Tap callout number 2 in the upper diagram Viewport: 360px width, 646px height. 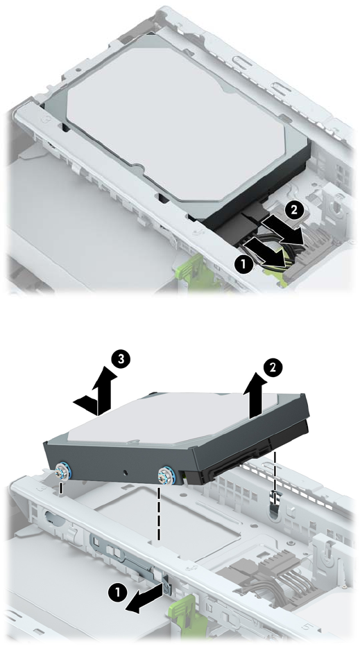(x=293, y=210)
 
